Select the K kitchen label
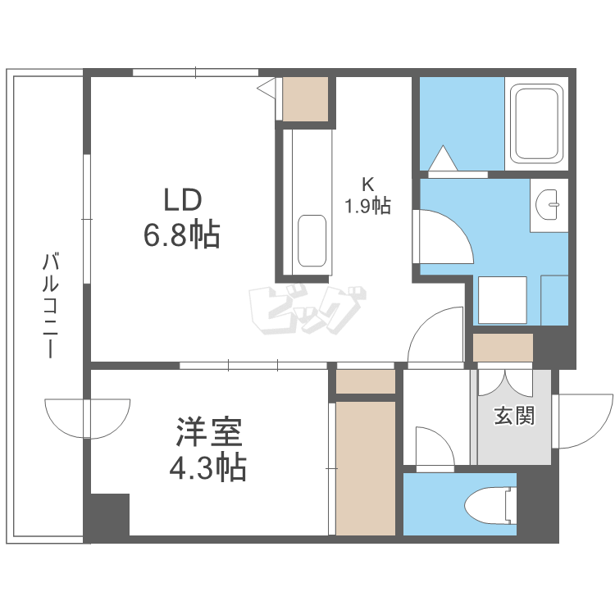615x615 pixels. [x=367, y=183]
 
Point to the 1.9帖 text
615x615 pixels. [x=367, y=205]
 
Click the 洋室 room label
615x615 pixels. [x=207, y=431]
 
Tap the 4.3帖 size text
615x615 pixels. [x=207, y=468]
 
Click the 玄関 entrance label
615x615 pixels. [x=514, y=416]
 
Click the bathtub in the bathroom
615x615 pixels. [x=538, y=124]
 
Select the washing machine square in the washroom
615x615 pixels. [x=501, y=300]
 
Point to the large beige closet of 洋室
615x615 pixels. [x=366, y=467]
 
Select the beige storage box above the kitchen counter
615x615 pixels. [x=305, y=99]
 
